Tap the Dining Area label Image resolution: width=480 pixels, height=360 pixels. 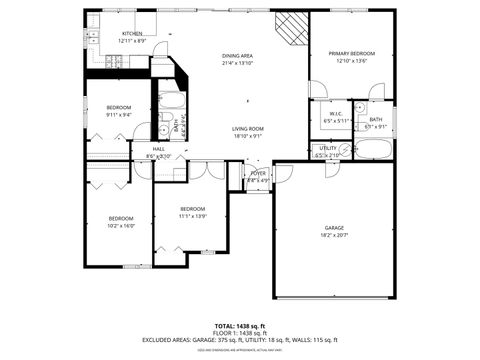237,56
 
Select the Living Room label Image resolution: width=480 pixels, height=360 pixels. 248,129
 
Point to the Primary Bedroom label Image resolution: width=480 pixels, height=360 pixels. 352,53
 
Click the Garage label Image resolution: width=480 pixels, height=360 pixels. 334,228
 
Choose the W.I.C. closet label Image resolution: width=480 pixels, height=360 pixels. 336,114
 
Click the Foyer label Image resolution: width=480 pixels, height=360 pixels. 258,173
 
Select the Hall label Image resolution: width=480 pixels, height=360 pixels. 158,149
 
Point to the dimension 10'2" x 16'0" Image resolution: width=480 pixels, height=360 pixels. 121,226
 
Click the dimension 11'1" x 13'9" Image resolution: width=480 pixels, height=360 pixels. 192,216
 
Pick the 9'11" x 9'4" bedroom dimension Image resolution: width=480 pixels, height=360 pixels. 119,114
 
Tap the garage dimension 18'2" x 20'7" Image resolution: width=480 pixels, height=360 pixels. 334,235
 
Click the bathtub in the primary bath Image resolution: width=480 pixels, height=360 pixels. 374,151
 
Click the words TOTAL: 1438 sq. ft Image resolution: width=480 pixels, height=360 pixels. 240,326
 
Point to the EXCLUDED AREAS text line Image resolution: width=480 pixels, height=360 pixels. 240,340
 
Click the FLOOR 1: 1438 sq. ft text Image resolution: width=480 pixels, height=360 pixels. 240,333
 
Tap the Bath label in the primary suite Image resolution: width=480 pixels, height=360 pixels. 375,120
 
